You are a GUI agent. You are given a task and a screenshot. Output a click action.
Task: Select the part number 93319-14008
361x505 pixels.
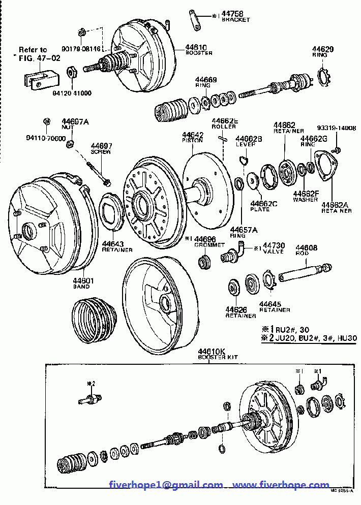point(337,129)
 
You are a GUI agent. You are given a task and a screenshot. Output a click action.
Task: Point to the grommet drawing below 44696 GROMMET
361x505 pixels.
point(205,263)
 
